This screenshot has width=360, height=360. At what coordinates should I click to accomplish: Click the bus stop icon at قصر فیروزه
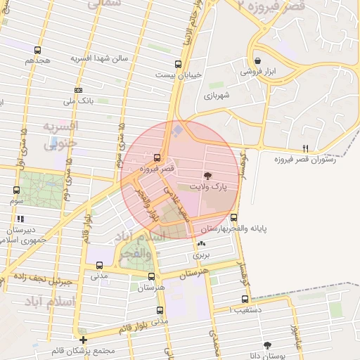click(156, 157)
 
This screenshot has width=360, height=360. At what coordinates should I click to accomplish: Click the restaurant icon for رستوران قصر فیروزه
click(304, 148)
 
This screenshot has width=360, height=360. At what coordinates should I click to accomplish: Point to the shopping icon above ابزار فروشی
click(259, 60)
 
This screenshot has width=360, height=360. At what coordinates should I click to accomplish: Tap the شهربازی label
click(217, 94)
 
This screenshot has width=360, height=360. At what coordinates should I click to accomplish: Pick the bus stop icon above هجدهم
click(37, 50)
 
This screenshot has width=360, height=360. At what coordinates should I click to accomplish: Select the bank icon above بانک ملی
click(77, 90)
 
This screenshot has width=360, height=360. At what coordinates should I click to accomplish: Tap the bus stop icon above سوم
click(16, 190)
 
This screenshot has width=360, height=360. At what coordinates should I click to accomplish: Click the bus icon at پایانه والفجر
click(234, 217)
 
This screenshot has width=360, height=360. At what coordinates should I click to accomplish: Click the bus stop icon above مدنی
click(99, 266)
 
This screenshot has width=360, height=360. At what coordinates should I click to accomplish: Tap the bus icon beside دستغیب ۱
click(245, 299)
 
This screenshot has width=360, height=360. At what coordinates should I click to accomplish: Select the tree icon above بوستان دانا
click(268, 345)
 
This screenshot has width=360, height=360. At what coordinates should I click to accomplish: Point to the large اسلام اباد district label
click(35, 302)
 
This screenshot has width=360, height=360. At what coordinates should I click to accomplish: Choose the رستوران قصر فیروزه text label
click(304, 160)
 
